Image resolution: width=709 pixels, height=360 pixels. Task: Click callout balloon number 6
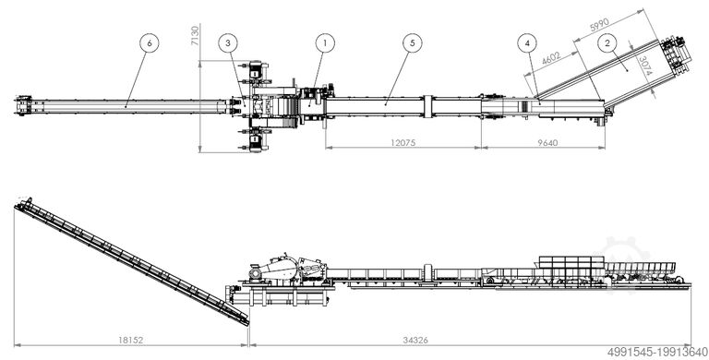tap(150, 43)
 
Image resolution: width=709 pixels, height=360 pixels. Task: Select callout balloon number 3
tap(228, 43)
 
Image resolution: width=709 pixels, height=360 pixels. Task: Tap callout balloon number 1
tap(325, 43)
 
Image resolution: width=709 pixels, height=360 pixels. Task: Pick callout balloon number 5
tap(413, 43)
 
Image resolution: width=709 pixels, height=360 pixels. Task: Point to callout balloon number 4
tap(527, 43)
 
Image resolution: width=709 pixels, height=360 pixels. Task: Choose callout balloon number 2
tap(607, 43)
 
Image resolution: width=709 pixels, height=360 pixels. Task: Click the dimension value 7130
tap(195, 35)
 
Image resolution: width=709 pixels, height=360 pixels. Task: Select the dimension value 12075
tap(403, 143)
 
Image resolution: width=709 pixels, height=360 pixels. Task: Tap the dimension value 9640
tap(547, 143)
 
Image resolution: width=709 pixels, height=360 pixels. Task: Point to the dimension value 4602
tap(551, 59)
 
